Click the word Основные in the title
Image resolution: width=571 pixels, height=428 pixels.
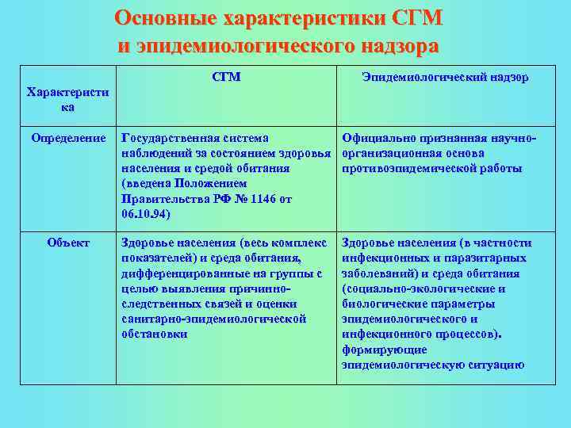click(165, 17)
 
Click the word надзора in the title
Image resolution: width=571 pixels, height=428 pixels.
click(394, 45)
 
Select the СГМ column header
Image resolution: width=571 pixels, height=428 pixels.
click(227, 77)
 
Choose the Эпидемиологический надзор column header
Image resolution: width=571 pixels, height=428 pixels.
click(445, 77)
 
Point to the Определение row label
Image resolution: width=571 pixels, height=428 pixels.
click(68, 139)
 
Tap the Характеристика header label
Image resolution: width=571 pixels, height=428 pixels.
click(68, 99)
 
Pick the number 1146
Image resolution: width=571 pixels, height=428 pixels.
click(260, 199)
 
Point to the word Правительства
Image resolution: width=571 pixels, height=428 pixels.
click(163, 199)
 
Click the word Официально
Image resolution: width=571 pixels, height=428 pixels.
click(375, 139)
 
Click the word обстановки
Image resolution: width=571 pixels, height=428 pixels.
click(155, 334)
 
